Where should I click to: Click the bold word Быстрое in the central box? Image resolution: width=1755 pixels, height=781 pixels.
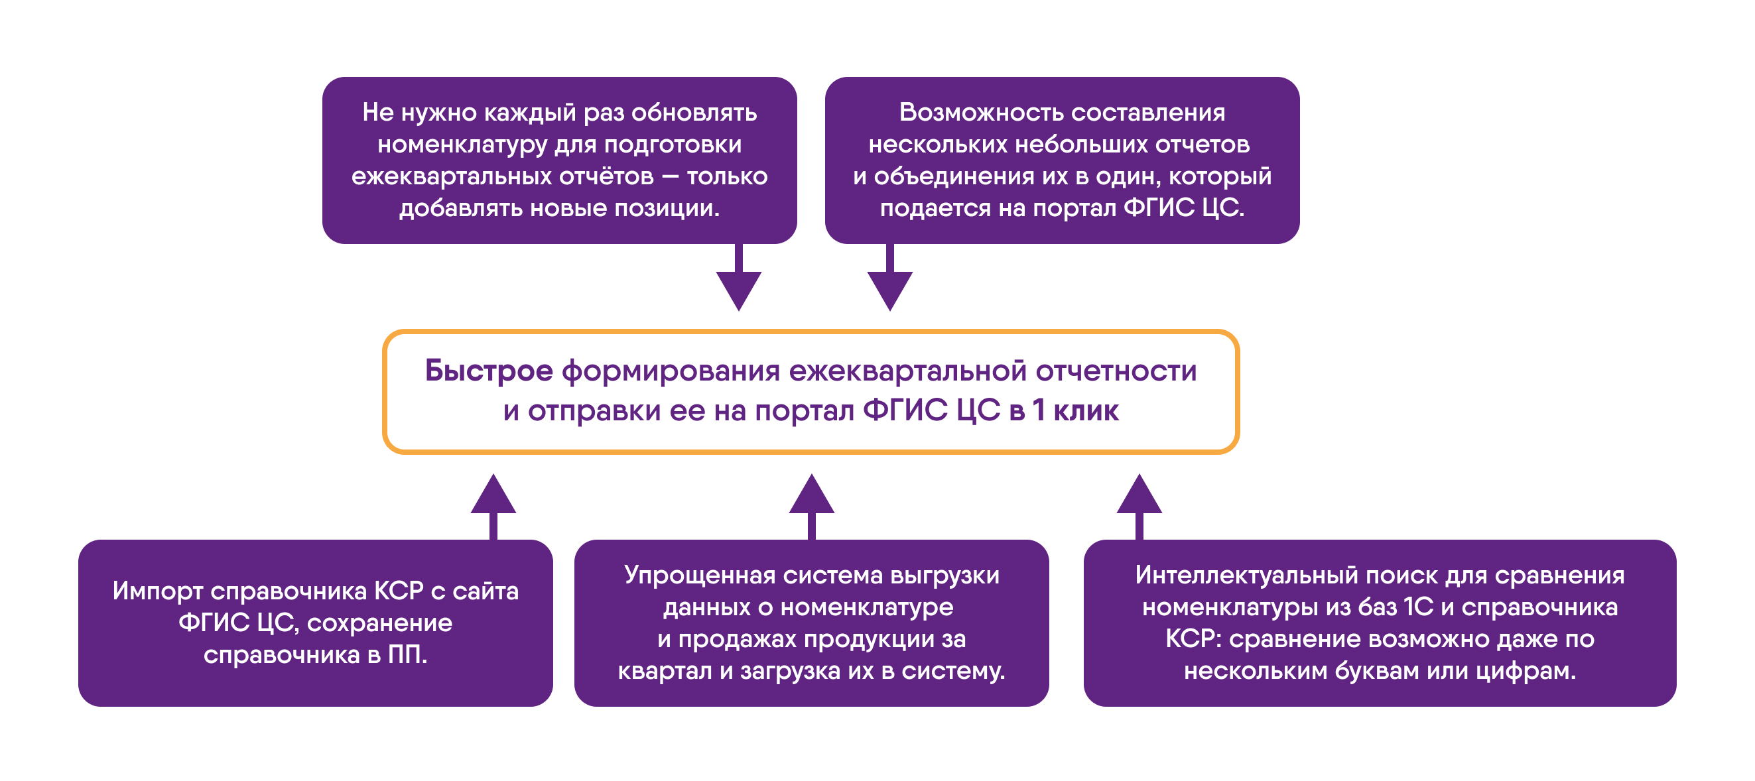(488, 372)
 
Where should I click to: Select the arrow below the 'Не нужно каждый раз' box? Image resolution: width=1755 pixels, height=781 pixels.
(738, 277)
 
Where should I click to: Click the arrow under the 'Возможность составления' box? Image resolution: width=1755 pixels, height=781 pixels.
(889, 277)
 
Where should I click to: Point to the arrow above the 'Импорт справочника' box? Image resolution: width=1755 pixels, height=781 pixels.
(493, 507)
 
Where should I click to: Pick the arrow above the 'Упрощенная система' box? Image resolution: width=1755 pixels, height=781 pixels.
(811, 507)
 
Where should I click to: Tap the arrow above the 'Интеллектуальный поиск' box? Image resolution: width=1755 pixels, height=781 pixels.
(1139, 507)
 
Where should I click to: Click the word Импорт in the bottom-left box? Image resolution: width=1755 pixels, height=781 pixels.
(157, 591)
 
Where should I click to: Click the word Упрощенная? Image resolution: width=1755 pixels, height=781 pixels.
(700, 575)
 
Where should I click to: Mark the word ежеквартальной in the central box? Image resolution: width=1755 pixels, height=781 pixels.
(908, 372)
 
